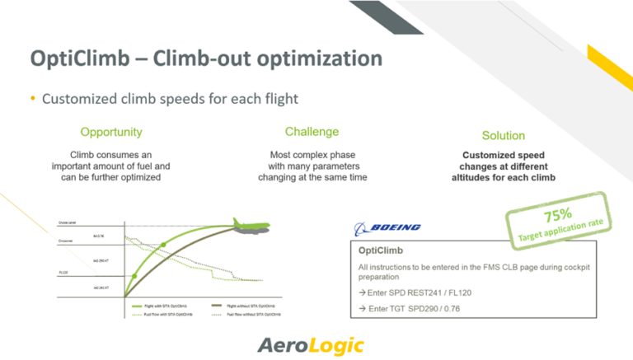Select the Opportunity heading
(x=110, y=132)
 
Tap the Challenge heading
(x=312, y=132)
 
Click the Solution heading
(x=503, y=135)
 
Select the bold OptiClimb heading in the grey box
(x=381, y=250)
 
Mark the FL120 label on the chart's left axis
(x=63, y=270)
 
